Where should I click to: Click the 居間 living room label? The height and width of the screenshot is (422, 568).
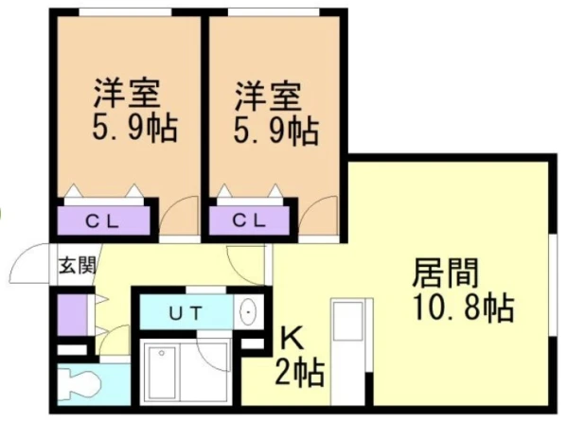coord(445,275)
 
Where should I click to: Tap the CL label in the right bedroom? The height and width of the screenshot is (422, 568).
coord(251,221)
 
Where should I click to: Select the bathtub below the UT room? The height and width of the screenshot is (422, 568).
coord(186,374)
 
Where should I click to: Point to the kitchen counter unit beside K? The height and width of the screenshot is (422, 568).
coord(351,350)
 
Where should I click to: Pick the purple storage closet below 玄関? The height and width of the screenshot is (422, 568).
coord(72,312)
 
